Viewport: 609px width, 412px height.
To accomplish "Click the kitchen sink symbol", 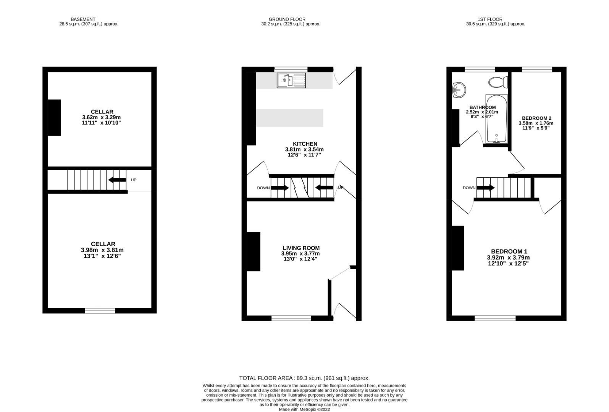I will point(291,80).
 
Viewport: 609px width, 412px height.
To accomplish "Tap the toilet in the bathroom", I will point(498,82).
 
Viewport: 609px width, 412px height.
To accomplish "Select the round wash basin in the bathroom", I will point(459,90).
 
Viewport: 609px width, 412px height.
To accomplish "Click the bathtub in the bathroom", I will point(496,119).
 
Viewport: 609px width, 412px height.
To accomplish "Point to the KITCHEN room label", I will point(305,144).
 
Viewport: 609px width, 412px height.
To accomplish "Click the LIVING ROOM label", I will point(301,248).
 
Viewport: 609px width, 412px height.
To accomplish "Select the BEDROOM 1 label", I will point(509,251).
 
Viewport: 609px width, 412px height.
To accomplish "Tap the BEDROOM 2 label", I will point(536,118).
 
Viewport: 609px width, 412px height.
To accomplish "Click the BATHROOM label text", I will point(482,108).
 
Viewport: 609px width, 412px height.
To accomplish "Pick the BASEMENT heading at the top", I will point(83,19).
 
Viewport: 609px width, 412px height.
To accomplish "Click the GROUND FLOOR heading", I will point(287,19).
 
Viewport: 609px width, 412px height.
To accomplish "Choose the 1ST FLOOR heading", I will point(489,19).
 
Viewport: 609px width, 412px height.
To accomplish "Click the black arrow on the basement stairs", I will point(117,180).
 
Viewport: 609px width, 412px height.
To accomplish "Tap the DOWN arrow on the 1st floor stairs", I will point(486,188).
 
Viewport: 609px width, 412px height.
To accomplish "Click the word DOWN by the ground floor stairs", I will point(263,188).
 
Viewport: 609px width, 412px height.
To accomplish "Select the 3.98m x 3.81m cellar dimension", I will point(102,250).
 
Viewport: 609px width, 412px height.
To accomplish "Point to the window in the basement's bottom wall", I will point(100,311).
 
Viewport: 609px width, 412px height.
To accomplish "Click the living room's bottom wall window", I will point(291,318).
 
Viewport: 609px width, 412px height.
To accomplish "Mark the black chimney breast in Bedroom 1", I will point(458,248).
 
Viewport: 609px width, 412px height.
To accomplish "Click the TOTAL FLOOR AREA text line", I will point(304,378).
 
